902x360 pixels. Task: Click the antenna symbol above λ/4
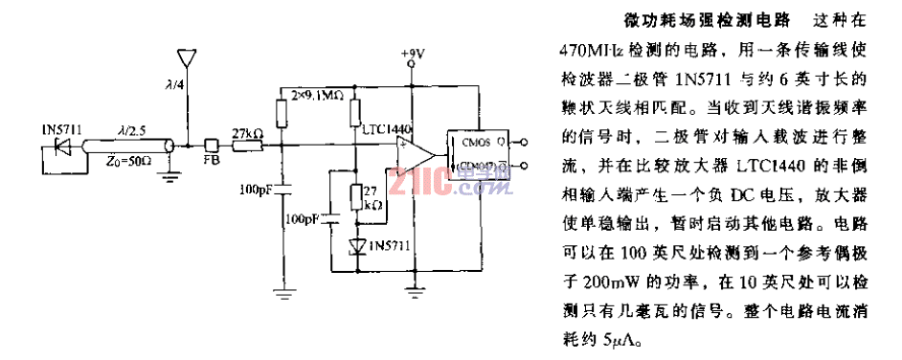189,56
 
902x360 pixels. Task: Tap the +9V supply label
412,54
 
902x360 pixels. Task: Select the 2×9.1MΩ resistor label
313,95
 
